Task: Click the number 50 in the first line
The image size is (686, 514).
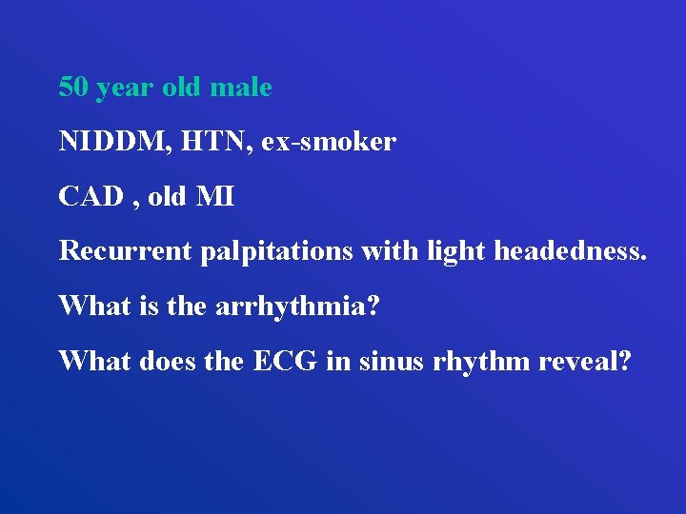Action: pyautogui.click(x=73, y=88)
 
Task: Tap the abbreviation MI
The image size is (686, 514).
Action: pyautogui.click(x=215, y=197)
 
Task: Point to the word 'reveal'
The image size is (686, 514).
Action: pyautogui.click(x=584, y=361)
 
